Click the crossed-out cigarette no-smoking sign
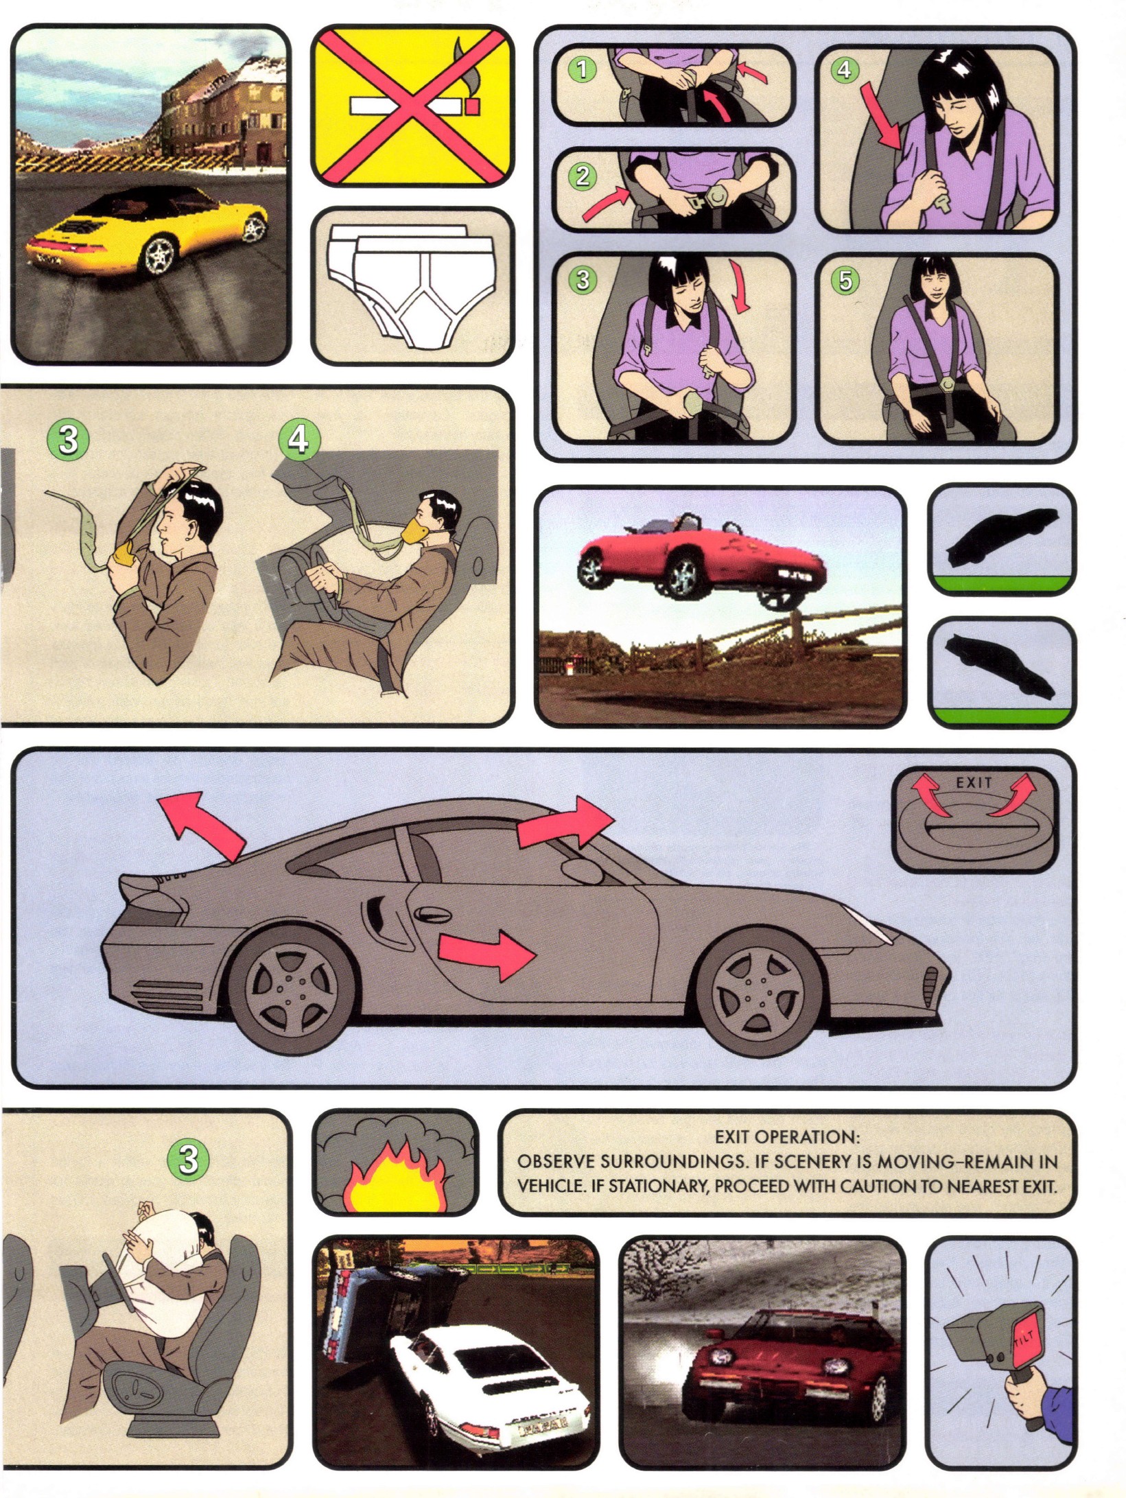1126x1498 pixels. pos(412,105)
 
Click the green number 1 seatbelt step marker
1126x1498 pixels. pos(582,69)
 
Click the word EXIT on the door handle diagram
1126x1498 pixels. pos(974,782)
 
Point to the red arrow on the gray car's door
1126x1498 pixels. pos(486,954)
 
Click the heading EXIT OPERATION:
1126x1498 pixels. pos(786,1137)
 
